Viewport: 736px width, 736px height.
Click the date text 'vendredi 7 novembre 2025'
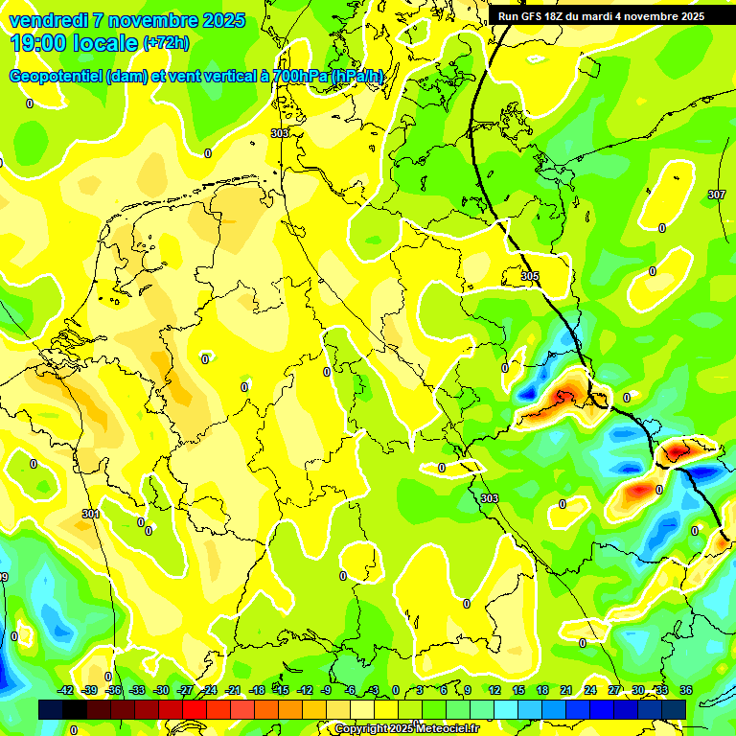(126, 20)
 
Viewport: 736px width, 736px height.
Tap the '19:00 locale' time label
(74, 43)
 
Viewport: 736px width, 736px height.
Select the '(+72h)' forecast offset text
(167, 43)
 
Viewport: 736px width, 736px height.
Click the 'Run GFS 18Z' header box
(601, 16)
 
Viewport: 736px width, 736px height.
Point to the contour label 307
(716, 195)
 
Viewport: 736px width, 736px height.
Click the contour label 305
(530, 276)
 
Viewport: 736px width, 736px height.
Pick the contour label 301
(90, 515)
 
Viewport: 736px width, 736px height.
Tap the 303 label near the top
(279, 133)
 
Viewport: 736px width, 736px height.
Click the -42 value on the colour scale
(66, 690)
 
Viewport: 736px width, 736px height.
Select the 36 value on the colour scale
(686, 690)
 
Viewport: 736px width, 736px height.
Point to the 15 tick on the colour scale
(517, 690)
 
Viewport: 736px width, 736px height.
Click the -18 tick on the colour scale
(257, 690)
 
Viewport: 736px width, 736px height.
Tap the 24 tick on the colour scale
(589, 690)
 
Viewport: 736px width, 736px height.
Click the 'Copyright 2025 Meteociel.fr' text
(406, 728)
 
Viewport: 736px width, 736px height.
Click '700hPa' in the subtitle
(304, 76)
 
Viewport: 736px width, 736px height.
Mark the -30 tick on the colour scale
(161, 690)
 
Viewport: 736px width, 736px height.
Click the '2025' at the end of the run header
(690, 16)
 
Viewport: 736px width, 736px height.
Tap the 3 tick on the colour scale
(420, 690)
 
